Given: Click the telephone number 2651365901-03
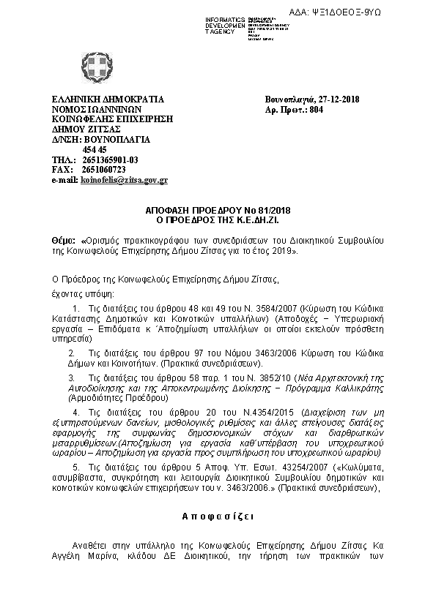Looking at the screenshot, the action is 110,159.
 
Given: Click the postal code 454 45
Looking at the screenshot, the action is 95,149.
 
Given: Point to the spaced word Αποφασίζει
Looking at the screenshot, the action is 218,516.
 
